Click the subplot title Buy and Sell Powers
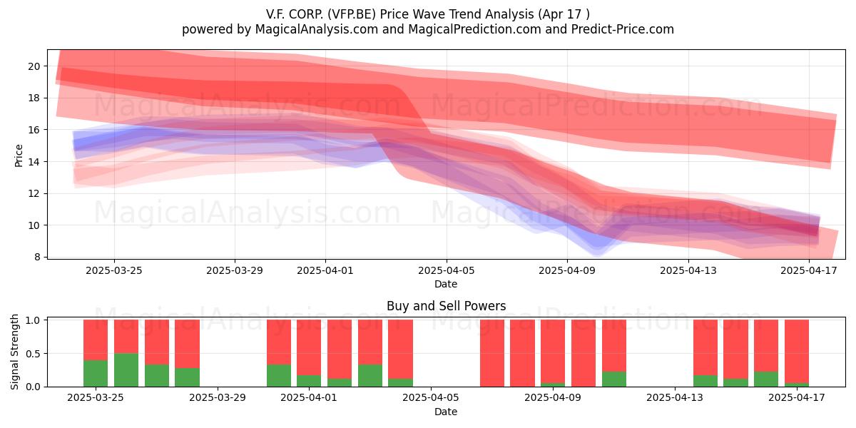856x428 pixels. pos(446,306)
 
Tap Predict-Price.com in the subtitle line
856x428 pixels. pos(623,29)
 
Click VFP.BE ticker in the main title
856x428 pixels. pos(352,14)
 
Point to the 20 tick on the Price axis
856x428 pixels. pos(34,66)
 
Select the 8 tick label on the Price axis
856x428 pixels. pos(36,258)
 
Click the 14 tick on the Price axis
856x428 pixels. pos(34,162)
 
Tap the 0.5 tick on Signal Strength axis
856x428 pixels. pos(33,354)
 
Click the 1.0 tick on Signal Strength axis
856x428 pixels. pos(33,320)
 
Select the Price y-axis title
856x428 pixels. pos(19,156)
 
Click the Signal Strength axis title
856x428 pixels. pos(14,352)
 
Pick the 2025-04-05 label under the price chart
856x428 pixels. pos(446,270)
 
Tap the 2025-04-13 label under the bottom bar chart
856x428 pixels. pos(675,398)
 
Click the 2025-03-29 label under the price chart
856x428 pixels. pos(235,270)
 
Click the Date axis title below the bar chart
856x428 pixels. pos(446,412)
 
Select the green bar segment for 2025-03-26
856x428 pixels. pos(126,370)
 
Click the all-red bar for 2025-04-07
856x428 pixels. pos(492,354)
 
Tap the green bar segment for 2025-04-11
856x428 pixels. pos(614,379)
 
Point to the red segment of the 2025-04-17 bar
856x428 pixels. pos(797,352)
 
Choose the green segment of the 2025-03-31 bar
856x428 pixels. pos(279,376)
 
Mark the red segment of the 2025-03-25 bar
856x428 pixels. pos(96,340)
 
